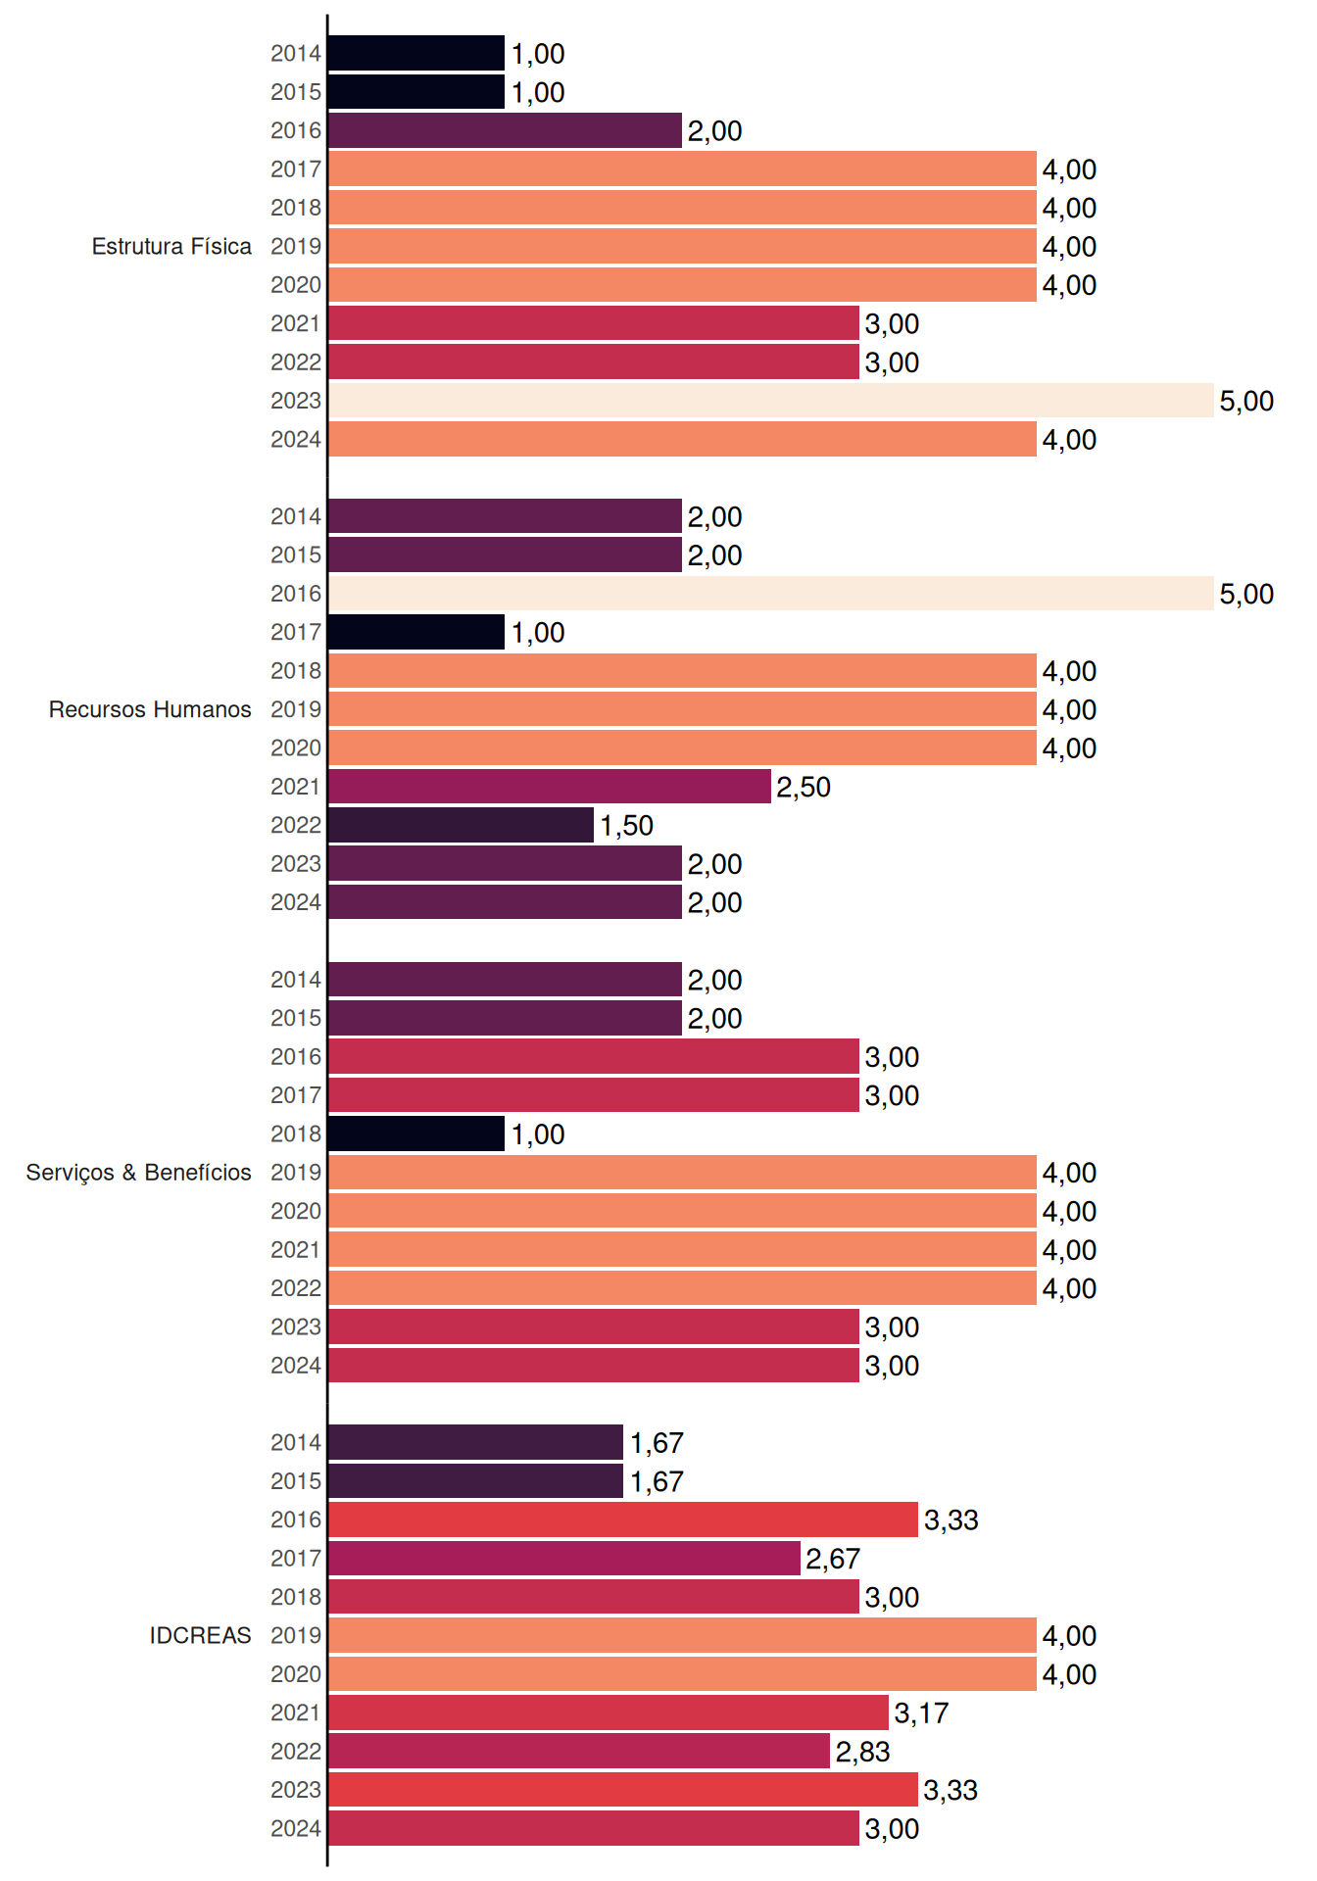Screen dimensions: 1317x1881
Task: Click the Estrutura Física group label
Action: (x=171, y=246)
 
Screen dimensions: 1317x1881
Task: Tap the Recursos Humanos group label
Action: (x=150, y=709)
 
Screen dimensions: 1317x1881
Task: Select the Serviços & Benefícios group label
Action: (x=138, y=1173)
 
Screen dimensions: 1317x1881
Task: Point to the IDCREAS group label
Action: (x=200, y=1635)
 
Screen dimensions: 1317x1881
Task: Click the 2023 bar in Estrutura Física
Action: (x=771, y=401)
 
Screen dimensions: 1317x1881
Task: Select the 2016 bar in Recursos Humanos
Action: (x=771, y=594)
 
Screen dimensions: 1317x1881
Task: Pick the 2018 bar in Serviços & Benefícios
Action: (x=416, y=1133)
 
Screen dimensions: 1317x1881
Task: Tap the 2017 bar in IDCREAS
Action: (x=564, y=1559)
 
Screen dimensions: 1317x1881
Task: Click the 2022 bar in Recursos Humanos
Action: (x=462, y=825)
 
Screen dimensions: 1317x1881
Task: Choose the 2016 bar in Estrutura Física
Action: (x=506, y=130)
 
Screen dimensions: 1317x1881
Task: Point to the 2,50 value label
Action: (x=804, y=787)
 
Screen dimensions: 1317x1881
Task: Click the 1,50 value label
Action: (x=626, y=826)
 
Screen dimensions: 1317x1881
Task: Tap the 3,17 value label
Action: (x=921, y=1713)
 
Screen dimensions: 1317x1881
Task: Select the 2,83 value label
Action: (x=862, y=1752)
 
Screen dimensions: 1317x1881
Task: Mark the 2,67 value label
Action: (x=833, y=1559)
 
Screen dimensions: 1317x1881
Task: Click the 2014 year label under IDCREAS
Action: (x=296, y=1442)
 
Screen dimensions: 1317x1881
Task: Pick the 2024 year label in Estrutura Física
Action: (x=296, y=439)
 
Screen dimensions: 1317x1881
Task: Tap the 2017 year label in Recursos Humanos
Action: (x=296, y=632)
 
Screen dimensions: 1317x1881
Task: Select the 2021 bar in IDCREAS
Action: (x=609, y=1712)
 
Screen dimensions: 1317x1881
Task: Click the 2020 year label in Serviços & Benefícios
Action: (x=296, y=1211)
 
